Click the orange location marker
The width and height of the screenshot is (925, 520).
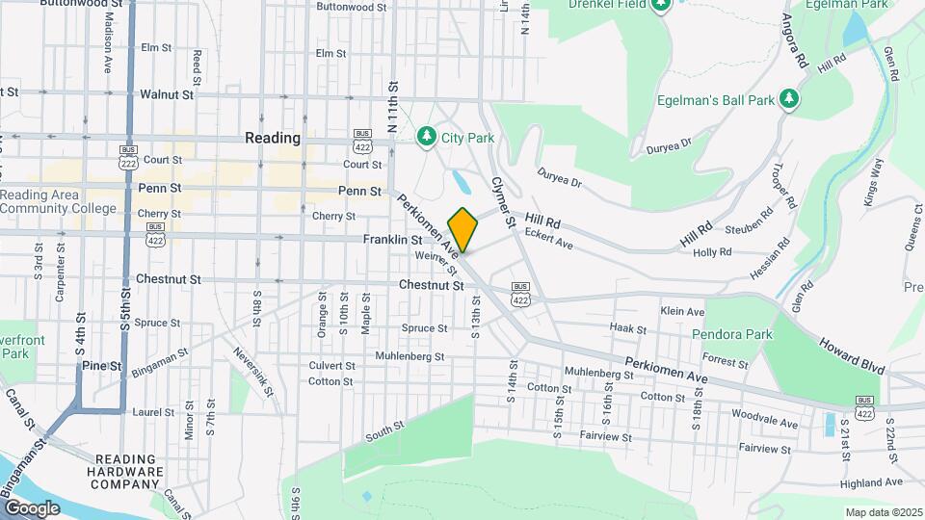point(462,230)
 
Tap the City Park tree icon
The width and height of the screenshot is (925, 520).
point(427,138)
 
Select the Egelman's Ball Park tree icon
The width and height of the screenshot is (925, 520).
point(789,99)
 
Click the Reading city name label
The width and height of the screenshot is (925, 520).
point(273,138)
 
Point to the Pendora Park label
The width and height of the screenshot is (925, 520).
point(732,334)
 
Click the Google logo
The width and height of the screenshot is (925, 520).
point(32,507)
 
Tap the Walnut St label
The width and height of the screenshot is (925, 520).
point(168,94)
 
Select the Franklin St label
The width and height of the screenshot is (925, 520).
point(392,239)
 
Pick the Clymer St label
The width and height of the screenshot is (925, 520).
point(505,201)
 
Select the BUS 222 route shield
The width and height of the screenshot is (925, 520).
point(128,154)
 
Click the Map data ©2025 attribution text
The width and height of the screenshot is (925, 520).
point(883,512)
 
